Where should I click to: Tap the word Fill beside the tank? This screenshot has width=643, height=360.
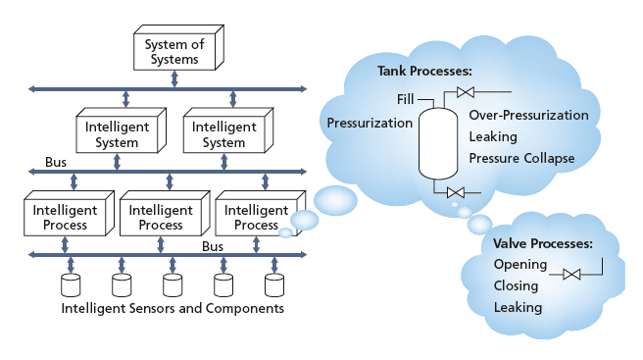click(408, 99)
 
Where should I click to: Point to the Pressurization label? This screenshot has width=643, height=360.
click(370, 123)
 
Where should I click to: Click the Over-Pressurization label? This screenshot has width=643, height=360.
click(528, 115)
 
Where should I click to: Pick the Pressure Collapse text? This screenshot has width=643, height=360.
click(521, 158)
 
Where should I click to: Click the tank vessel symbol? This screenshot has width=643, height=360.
click(432, 141)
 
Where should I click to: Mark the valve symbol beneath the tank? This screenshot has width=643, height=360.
click(455, 192)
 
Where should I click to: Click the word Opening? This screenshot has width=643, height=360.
click(519, 265)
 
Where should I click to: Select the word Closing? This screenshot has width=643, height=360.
click(518, 285)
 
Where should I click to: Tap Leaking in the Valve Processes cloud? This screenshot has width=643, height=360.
click(518, 307)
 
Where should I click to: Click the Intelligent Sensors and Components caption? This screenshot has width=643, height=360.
click(173, 309)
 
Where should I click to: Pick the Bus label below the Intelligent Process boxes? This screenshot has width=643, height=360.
click(214, 246)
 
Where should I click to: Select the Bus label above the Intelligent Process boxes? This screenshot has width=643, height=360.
click(56, 162)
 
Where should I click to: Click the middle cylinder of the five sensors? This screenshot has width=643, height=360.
click(173, 284)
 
